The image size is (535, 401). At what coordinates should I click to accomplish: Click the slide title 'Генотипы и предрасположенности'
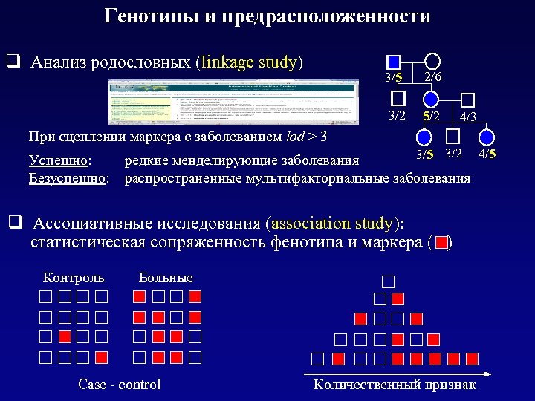[x=267, y=16]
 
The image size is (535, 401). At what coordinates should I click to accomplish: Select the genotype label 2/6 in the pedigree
[x=434, y=77]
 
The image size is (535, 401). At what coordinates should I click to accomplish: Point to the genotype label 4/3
[x=468, y=117]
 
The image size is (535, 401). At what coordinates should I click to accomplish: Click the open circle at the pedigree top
[x=432, y=61]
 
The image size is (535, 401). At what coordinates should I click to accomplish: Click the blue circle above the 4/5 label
[x=486, y=137]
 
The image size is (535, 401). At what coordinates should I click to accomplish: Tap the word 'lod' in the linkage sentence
[x=295, y=137]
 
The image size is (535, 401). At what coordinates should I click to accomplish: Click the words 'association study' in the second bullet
[x=332, y=224]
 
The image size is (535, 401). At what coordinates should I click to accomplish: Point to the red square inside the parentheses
[x=442, y=242]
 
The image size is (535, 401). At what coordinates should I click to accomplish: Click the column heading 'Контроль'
[x=74, y=278]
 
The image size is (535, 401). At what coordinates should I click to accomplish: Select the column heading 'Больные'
[x=166, y=278]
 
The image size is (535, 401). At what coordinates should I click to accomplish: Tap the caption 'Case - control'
[x=119, y=384]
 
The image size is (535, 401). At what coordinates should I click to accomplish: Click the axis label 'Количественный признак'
[x=395, y=384]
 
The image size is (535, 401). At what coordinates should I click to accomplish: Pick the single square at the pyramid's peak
[x=389, y=281]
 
